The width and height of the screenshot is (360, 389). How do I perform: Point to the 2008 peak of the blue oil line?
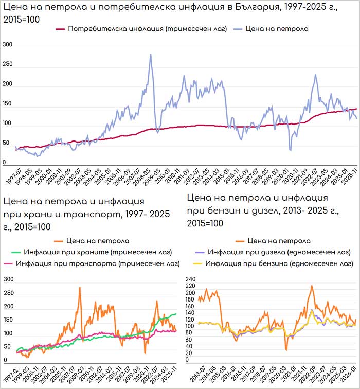pos(150,55)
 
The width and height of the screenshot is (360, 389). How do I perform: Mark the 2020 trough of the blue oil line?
pos(290,150)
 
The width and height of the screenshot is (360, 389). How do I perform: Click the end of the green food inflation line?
pos(176,314)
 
